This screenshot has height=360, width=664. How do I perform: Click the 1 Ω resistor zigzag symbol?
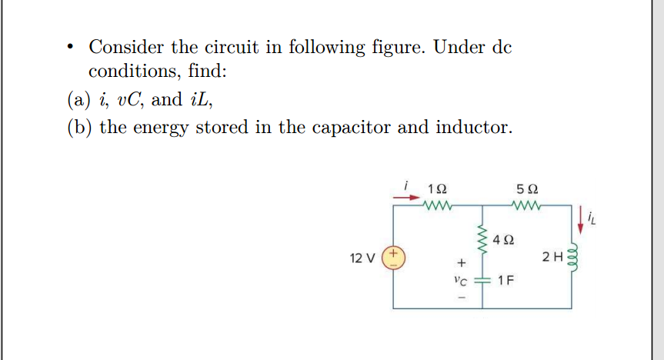[x=437, y=205]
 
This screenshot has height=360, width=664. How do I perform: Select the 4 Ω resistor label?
[x=503, y=240]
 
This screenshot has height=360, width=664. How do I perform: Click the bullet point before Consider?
[x=71, y=48]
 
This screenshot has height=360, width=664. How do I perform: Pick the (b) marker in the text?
[x=78, y=127]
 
